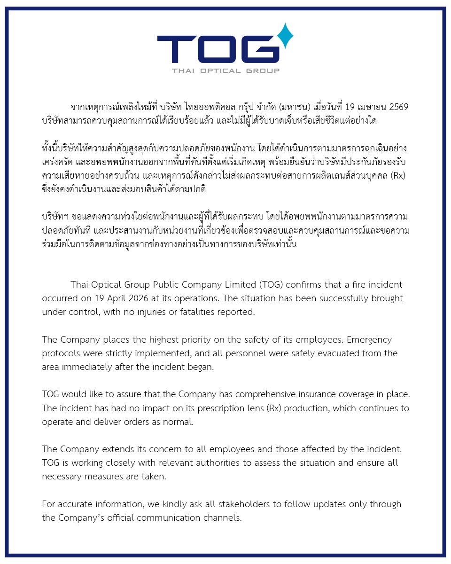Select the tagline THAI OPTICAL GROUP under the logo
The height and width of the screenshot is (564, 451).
click(x=225, y=70)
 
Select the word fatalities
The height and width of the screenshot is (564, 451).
click(x=193, y=312)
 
